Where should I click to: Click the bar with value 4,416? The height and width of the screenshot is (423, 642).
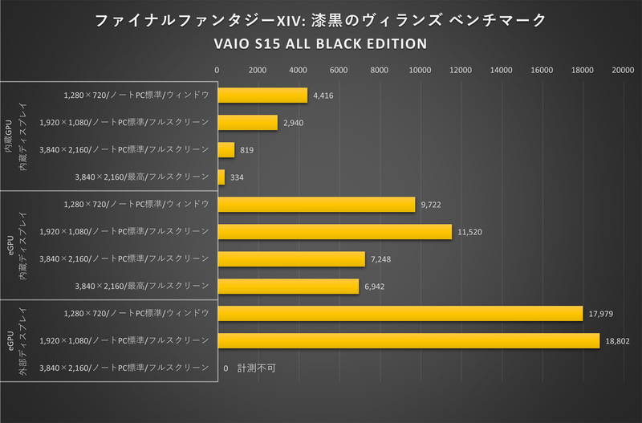click(x=262, y=95)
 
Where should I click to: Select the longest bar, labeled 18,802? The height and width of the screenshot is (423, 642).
click(x=408, y=340)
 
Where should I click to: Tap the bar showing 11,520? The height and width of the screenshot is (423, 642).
click(x=335, y=231)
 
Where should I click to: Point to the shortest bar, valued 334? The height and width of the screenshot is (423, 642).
click(x=221, y=177)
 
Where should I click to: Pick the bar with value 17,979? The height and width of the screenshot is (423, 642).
click(x=400, y=313)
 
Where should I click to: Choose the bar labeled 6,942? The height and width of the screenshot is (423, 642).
click(x=288, y=286)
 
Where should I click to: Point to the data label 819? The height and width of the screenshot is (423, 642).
click(x=248, y=150)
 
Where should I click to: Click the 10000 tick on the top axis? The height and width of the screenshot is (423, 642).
click(x=421, y=71)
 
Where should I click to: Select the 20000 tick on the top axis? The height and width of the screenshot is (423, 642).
click(x=623, y=71)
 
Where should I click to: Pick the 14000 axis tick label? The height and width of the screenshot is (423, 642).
click(x=502, y=71)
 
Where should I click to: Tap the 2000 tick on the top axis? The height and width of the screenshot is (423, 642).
click(x=258, y=71)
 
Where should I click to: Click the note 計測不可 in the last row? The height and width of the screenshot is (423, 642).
click(x=256, y=368)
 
